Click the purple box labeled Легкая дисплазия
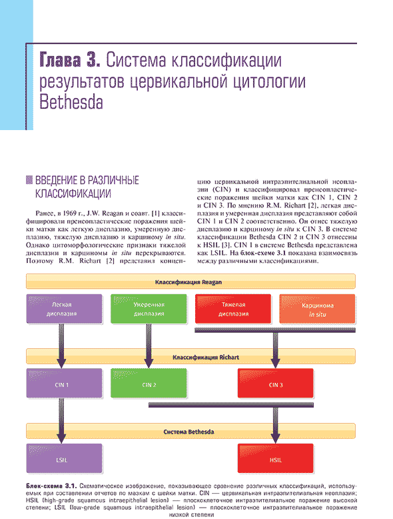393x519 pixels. pyautogui.click(x=64, y=309)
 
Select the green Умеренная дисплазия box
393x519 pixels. pyautogui.click(x=149, y=309)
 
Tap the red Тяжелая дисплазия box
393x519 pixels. pyautogui.click(x=233, y=309)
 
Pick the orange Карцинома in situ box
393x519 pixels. pyautogui.click(x=317, y=309)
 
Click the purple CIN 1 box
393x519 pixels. pyautogui.click(x=64, y=384)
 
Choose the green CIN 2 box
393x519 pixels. pyautogui.click(x=149, y=384)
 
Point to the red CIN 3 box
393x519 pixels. pyautogui.click(x=275, y=384)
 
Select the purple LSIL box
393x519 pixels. pyautogui.click(x=64, y=458)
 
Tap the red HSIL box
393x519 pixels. pyautogui.click(x=275, y=458)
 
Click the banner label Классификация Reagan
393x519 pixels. pyautogui.click(x=189, y=282)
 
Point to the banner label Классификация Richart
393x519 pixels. pyautogui.click(x=206, y=358)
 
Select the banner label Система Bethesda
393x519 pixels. pyautogui.click(x=189, y=432)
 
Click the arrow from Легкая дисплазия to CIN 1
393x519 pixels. pyautogui.click(x=61, y=346)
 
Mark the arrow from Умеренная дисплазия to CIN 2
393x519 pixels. pyautogui.click(x=149, y=346)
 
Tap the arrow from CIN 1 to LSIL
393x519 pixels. pyautogui.click(x=61, y=420)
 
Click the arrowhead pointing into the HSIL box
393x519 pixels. pyautogui.click(x=275, y=438)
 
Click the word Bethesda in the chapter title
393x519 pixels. pyautogui.click(x=71, y=102)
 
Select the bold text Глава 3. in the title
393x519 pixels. pyautogui.click(x=70, y=60)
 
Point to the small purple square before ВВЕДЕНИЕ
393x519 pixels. pyautogui.click(x=29, y=180)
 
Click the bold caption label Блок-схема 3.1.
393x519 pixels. pyautogui.click(x=51, y=486)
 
